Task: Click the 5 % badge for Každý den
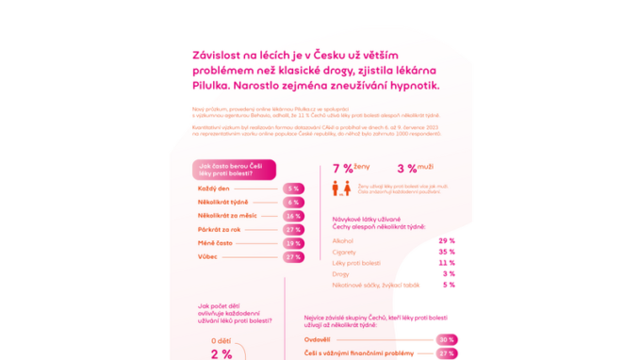point(293,188)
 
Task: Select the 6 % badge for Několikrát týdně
point(293,203)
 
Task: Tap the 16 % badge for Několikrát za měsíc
point(293,216)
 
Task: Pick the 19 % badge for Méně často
point(293,243)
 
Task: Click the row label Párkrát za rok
point(219,230)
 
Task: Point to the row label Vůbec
point(207,256)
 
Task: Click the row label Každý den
point(213,188)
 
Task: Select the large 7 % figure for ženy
point(342,169)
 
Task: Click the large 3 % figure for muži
point(406,169)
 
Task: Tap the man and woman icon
point(340,188)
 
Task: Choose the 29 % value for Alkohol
point(446,241)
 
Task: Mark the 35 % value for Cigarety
point(446,252)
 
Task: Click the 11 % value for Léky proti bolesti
point(446,263)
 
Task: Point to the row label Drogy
point(341,274)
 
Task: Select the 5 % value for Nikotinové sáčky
point(449,285)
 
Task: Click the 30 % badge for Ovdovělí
point(446,339)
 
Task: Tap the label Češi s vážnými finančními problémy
point(358,353)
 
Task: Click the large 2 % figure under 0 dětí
point(221,354)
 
